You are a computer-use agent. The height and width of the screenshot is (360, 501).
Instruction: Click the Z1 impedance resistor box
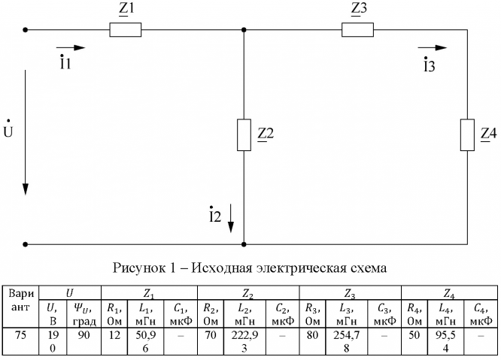click(125, 31)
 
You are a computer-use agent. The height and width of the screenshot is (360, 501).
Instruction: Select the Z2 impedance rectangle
click(244, 134)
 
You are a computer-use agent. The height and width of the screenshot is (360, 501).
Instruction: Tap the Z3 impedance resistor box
click(357, 31)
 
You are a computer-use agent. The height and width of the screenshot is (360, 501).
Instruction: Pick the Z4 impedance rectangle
click(467, 134)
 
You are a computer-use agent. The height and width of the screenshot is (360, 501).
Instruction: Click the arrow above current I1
click(76, 48)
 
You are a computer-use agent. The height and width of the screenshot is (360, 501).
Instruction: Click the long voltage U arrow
click(26, 132)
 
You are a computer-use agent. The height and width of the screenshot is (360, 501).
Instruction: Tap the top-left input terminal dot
click(26, 31)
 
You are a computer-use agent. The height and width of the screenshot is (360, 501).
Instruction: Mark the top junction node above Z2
click(244, 31)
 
